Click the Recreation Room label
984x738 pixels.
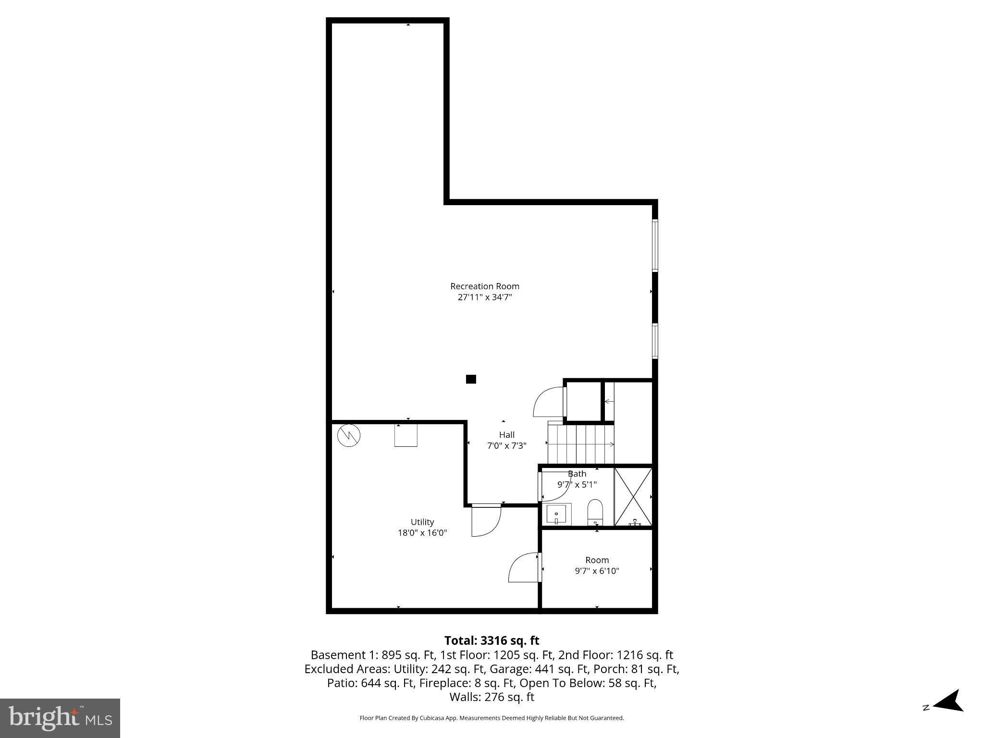[x=484, y=286]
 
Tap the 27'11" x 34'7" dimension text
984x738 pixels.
[x=484, y=297]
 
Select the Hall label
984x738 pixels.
[x=506, y=435]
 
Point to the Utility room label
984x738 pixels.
[x=422, y=522]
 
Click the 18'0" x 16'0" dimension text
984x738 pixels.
[x=422, y=533]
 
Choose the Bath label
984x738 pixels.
[x=577, y=474]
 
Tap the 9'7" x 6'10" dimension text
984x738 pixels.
[x=597, y=571]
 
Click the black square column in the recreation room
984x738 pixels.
[x=471, y=379]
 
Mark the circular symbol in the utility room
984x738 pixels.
[x=349, y=435]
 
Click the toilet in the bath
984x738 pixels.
[x=595, y=512]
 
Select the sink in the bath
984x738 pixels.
[x=557, y=515]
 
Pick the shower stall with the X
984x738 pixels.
[x=633, y=497]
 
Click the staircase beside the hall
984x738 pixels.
[x=581, y=443]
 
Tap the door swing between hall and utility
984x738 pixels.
[x=486, y=521]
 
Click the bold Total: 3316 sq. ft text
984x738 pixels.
[x=492, y=640]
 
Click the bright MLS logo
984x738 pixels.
[x=60, y=718]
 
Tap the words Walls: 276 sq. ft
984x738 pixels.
[x=492, y=697]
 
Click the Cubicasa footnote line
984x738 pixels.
[x=492, y=718]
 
